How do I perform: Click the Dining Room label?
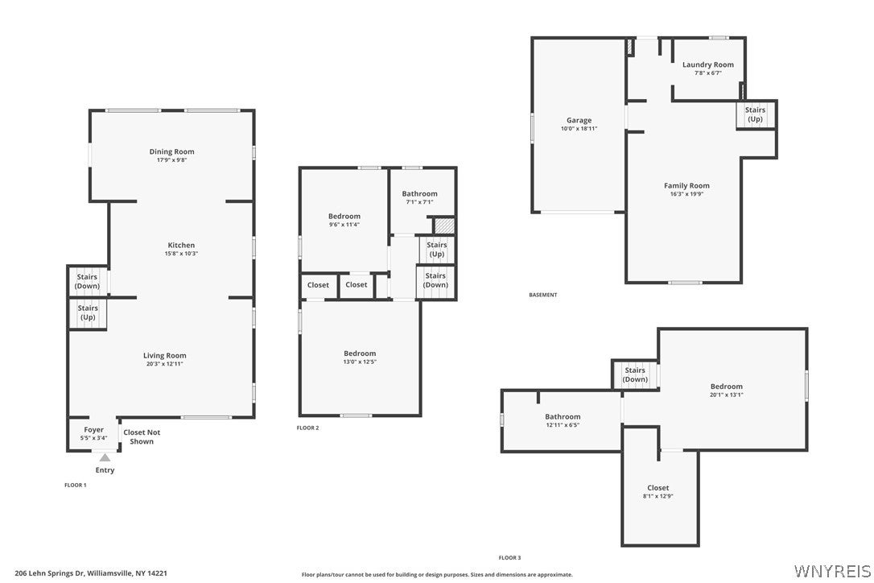click(171, 151)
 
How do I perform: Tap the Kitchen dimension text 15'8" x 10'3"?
click(181, 254)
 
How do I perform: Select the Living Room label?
click(164, 355)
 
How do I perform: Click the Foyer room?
click(93, 433)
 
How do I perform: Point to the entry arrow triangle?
click(105, 457)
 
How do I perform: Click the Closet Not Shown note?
click(142, 436)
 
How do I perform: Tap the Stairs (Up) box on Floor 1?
click(88, 313)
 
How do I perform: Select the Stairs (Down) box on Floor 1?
click(88, 281)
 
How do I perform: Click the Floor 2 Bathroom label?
click(420, 193)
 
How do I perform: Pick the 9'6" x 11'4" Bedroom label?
click(344, 220)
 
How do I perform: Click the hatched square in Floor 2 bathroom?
click(444, 225)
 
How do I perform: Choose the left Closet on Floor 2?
click(318, 285)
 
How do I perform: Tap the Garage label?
click(579, 120)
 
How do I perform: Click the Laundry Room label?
click(708, 64)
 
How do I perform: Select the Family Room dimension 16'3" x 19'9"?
click(686, 194)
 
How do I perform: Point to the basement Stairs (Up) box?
click(755, 115)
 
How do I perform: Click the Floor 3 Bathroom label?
click(563, 417)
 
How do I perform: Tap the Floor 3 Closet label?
click(658, 488)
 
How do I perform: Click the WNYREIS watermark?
click(832, 571)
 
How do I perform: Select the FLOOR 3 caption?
click(509, 558)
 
